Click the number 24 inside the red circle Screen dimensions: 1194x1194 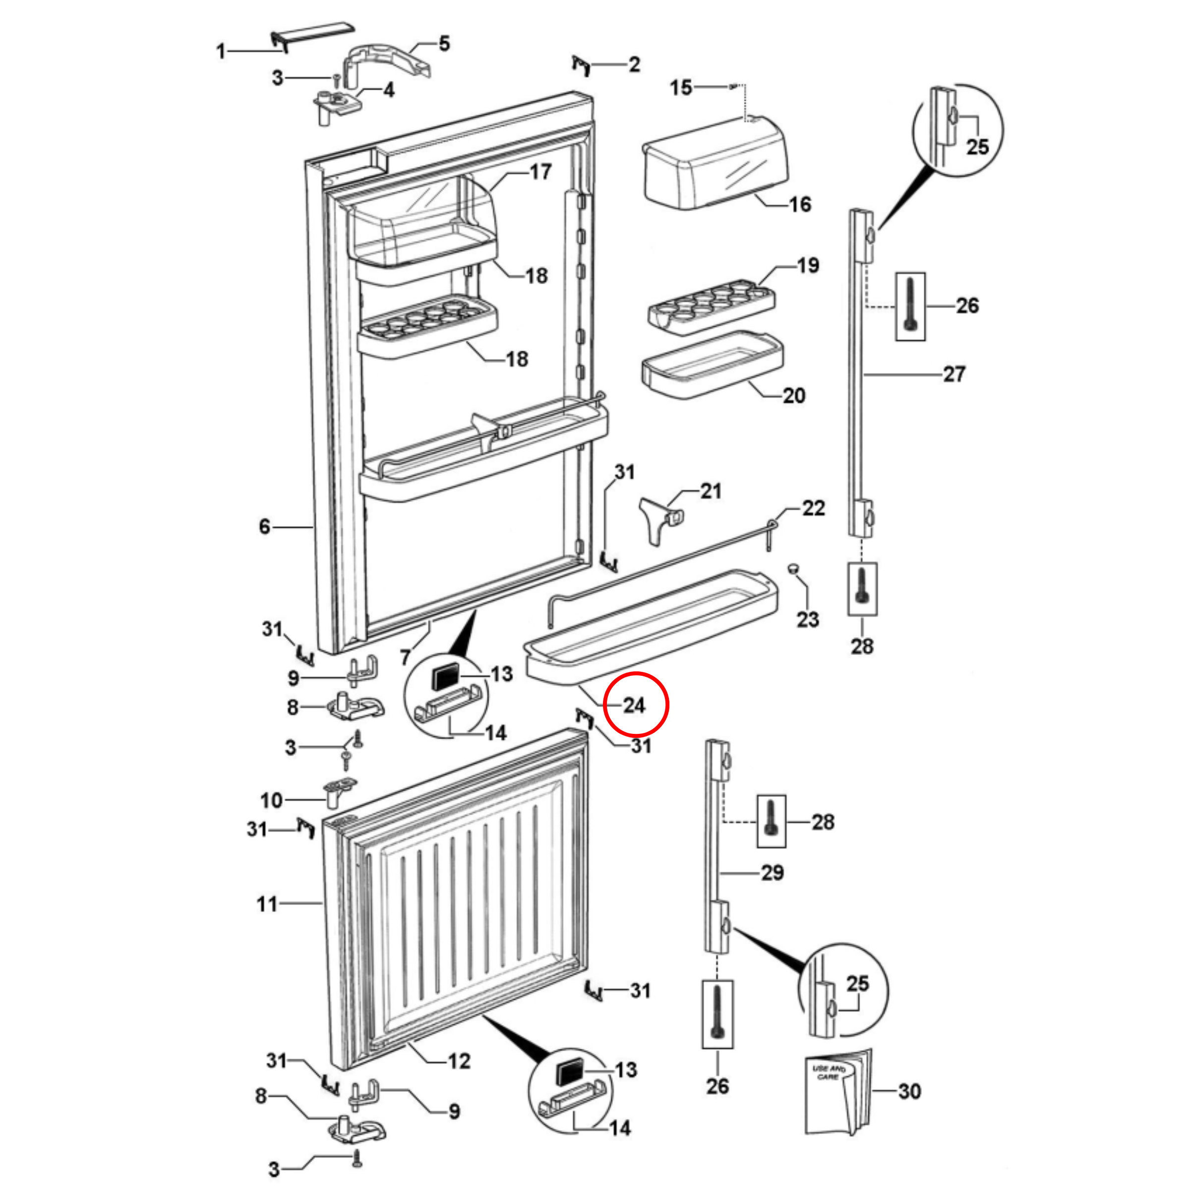click(x=634, y=705)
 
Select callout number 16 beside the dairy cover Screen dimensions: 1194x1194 click(x=800, y=205)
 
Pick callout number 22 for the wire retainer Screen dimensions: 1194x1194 click(x=813, y=508)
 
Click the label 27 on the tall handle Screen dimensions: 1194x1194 click(x=954, y=374)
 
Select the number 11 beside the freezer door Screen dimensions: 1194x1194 click(x=267, y=904)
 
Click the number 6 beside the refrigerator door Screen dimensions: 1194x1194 click(x=264, y=527)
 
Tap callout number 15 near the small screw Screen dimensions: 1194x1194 click(x=681, y=88)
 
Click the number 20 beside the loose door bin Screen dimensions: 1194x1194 click(x=794, y=396)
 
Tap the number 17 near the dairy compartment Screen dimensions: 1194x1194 click(x=540, y=172)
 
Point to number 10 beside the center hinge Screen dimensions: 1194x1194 click(x=271, y=800)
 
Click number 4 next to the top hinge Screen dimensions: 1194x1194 click(x=388, y=90)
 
